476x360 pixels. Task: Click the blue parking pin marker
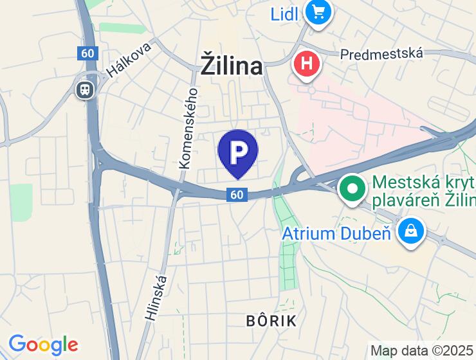coord(237,152)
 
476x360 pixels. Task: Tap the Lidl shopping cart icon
coord(317,12)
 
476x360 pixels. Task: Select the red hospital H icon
coord(307,64)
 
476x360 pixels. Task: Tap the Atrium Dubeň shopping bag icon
coord(410,230)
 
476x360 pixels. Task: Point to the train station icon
coord(84,89)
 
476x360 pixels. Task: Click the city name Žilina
coord(232,66)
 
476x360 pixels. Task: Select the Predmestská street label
coord(381,53)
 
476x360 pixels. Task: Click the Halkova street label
coord(129,60)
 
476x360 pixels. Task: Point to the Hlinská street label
coord(156,298)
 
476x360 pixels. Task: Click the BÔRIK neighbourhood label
coord(271,321)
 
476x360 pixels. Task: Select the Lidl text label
coord(284,13)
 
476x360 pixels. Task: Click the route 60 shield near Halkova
coord(87,53)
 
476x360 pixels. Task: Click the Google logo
coord(43,345)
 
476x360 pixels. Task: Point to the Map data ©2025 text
coord(423,351)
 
